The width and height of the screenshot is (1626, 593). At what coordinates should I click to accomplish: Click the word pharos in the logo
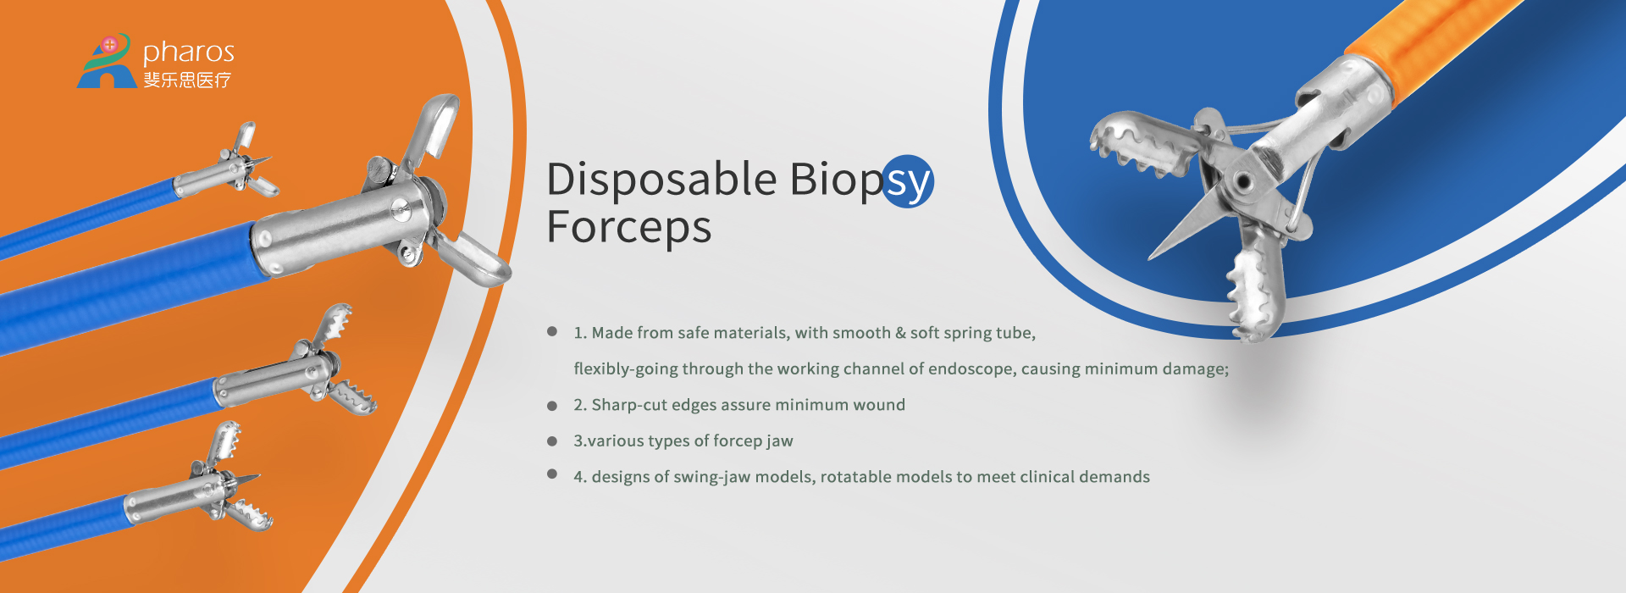188,53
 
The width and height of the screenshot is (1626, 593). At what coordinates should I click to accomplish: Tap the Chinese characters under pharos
187,80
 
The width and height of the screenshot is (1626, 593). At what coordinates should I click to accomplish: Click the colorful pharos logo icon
107,61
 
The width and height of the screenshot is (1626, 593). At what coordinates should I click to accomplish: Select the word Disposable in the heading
661,180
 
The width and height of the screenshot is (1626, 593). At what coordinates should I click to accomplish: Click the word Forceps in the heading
628,228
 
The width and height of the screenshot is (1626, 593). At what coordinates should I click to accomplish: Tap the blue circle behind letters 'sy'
908,180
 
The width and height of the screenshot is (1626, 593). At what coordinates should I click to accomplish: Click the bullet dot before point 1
552,331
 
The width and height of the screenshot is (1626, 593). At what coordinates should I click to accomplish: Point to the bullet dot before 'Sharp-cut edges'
552,406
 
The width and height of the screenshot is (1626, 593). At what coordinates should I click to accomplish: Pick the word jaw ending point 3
780,441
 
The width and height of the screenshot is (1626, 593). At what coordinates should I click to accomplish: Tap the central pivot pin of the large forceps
1242,181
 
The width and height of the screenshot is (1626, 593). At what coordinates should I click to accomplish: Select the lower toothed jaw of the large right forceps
1253,284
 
